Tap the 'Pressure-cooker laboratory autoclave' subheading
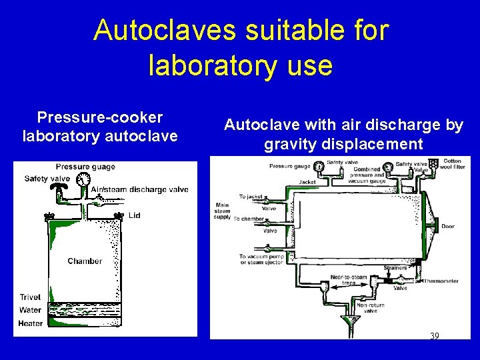100,127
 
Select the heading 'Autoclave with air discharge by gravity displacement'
343,134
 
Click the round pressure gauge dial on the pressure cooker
83,179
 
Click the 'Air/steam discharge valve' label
140,189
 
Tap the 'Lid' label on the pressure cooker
135,215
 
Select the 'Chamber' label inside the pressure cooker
85,261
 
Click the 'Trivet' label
30,297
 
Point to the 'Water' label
30,310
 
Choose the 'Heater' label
31,323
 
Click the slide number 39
434,336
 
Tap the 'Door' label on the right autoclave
447,227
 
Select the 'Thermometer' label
441,281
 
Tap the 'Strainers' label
395,269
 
